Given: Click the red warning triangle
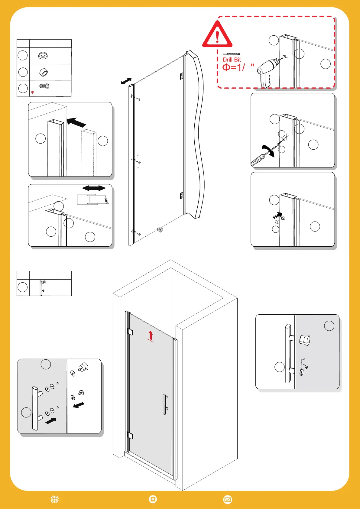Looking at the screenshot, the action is tap(217, 35).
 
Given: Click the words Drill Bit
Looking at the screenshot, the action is tap(232, 60).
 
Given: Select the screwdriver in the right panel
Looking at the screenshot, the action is tap(260, 159).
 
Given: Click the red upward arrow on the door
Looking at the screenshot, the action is tap(151, 336).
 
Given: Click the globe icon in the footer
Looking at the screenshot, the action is tap(55, 499).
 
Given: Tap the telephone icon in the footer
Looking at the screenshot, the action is tap(153, 499).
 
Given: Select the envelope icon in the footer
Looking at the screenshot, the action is tap(228, 499).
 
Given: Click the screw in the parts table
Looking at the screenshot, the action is tap(44, 86).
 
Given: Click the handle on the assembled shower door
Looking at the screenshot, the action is tap(165, 404).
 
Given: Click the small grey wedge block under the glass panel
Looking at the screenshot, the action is tap(160, 230).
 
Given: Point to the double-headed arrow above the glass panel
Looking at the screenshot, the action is tap(126, 81).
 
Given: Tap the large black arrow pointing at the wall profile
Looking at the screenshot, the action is tap(76, 122).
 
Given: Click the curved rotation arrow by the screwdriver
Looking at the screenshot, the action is tap(269, 150).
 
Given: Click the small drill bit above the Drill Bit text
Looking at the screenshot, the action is tap(231, 54).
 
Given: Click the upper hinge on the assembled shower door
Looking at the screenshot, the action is tap(130, 332).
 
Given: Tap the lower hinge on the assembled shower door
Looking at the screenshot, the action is tap(130, 436).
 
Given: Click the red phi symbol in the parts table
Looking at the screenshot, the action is tap(33, 92).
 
